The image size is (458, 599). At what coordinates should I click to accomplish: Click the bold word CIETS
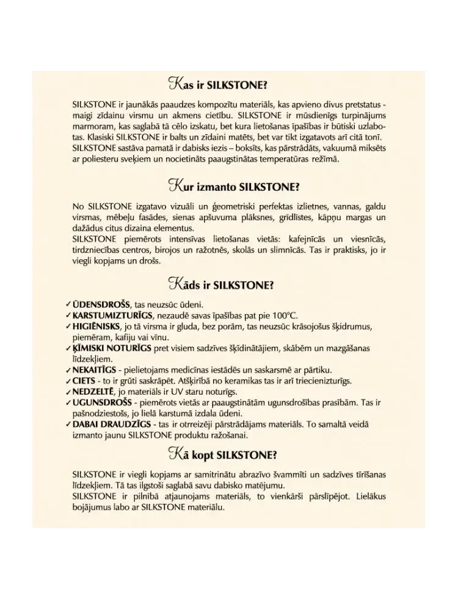tap(84, 381)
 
